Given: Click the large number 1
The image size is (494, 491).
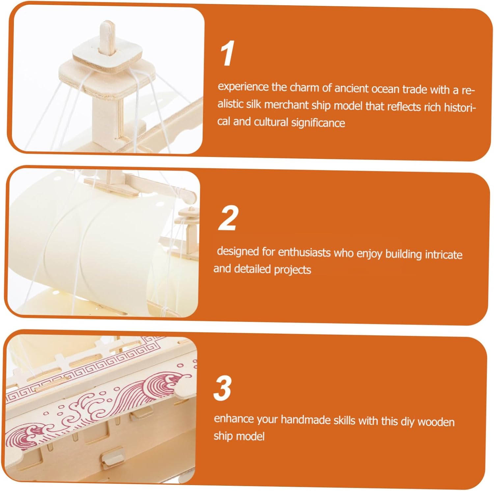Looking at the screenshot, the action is (227, 53).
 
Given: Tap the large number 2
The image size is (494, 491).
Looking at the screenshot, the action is (228, 218).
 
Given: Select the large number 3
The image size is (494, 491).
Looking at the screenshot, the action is (223, 388).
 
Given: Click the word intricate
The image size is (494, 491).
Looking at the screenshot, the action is (444, 254).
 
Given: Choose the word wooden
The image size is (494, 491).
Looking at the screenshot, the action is (436, 422).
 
